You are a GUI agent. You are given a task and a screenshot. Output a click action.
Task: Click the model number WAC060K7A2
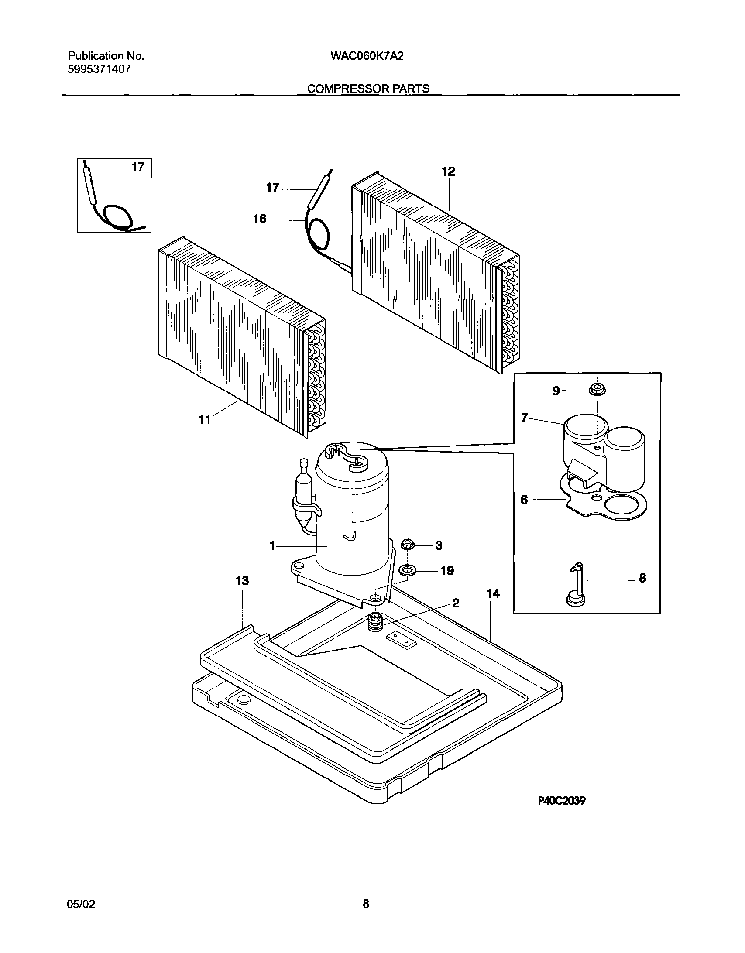click(x=367, y=56)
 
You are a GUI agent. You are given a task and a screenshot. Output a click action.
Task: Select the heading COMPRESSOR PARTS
click(x=368, y=89)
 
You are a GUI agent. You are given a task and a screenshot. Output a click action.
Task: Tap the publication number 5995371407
click(x=99, y=69)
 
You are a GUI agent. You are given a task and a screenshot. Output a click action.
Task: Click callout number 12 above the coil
click(x=448, y=171)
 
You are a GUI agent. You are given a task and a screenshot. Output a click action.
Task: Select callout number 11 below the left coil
click(x=205, y=420)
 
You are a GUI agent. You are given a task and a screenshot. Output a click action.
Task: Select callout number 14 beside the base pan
click(x=493, y=593)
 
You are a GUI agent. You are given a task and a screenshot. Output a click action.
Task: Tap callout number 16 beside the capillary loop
click(x=260, y=219)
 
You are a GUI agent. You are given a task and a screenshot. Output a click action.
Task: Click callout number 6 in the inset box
click(x=524, y=500)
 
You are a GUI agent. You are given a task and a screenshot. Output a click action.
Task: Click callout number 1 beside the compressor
click(x=272, y=545)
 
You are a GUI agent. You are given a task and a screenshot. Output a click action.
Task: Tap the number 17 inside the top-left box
click(x=138, y=167)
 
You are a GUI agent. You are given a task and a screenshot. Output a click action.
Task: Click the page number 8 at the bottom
click(x=366, y=904)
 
